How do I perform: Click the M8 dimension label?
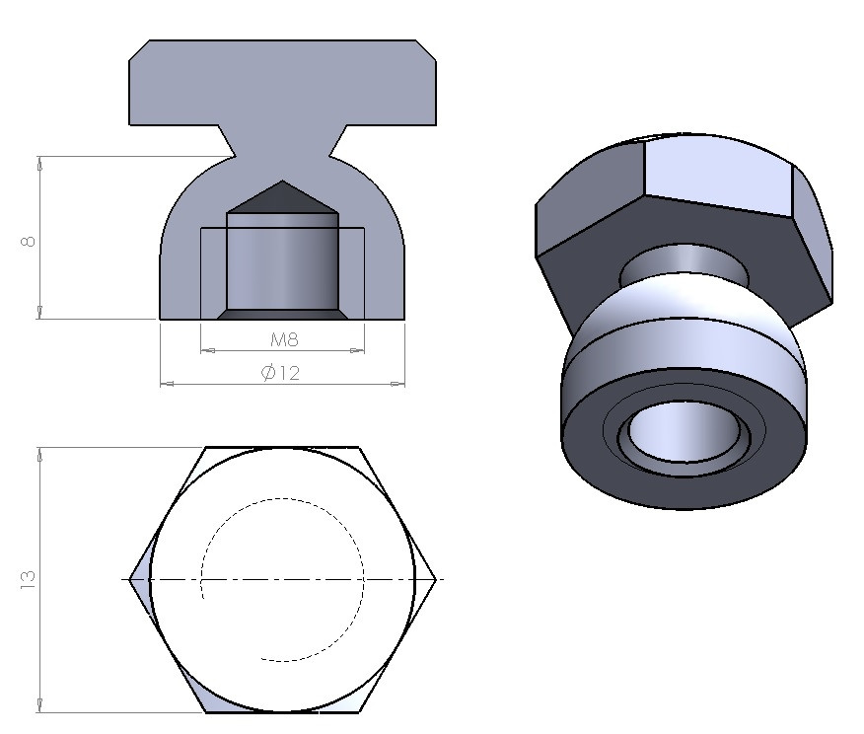(284, 340)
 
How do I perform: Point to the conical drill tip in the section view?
(283, 197)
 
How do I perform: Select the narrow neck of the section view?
(283, 143)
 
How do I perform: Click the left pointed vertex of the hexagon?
(131, 579)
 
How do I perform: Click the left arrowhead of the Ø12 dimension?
(166, 383)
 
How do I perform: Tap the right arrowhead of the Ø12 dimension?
(399, 383)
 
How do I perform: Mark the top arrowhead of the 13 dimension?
(40, 455)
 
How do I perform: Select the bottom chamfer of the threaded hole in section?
(283, 314)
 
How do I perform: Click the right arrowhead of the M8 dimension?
(359, 349)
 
